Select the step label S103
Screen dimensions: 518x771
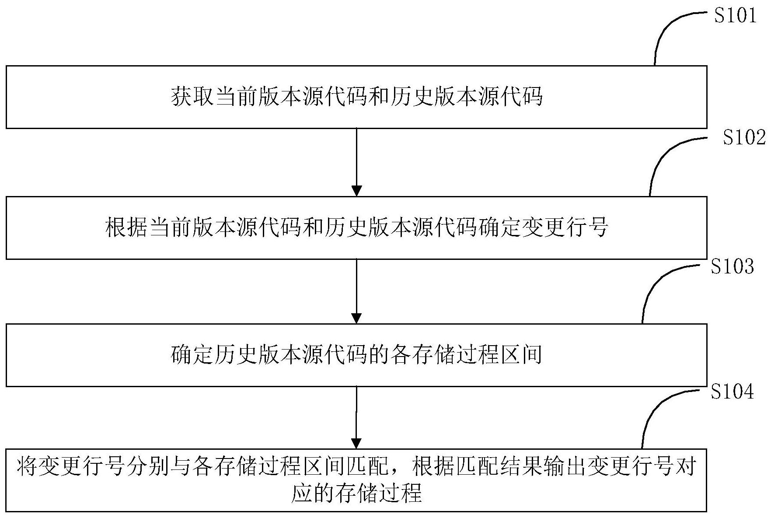pos(732,266)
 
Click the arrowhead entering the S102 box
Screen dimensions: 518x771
pos(357,191)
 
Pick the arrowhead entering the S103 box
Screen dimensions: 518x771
pos(357,318)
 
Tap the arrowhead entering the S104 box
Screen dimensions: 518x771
pos(357,443)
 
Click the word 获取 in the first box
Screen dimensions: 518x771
pos(192,97)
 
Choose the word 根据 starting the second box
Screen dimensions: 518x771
pos(126,228)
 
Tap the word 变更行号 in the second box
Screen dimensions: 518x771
pos(564,228)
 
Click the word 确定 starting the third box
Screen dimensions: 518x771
pos(192,355)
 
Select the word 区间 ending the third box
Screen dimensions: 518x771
pos(520,355)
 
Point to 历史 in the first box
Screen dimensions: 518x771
pos(412,97)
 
